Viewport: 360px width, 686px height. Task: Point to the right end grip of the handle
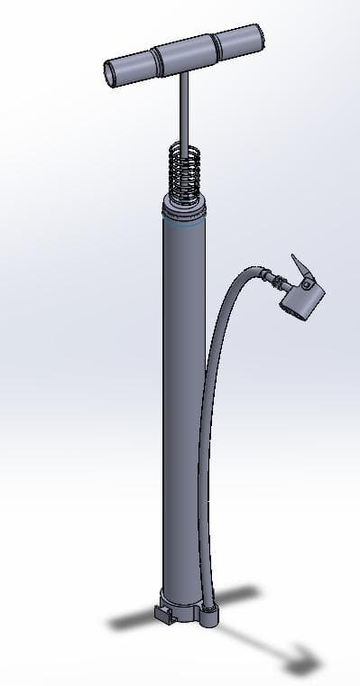point(241,41)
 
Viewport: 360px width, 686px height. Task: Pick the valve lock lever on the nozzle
point(297,269)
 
